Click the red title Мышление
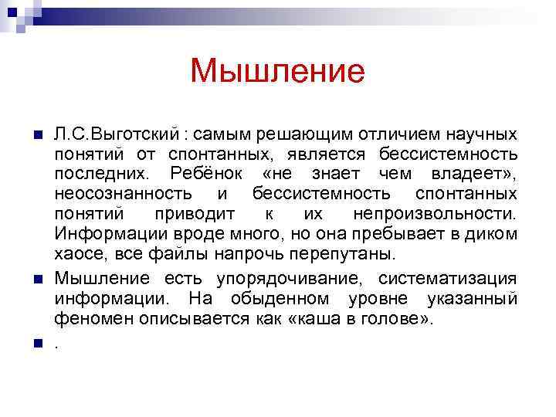tap(276, 73)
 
